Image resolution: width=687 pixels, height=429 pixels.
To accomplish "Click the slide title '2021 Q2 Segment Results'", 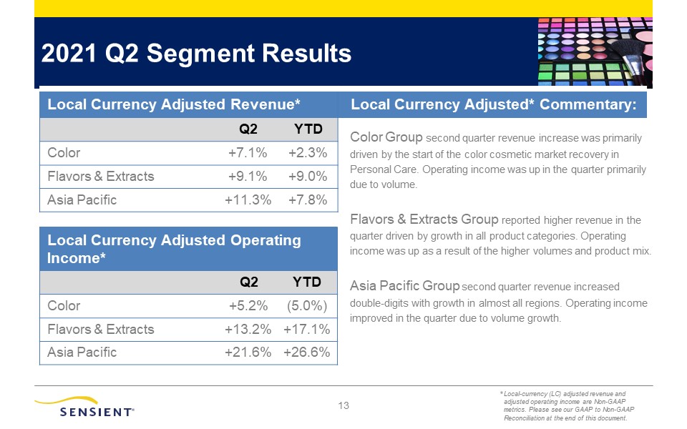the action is click(x=196, y=54).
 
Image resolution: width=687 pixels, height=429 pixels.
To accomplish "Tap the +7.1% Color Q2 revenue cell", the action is click(x=248, y=153).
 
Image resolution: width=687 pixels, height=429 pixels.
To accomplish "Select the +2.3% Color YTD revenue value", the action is click(x=308, y=153).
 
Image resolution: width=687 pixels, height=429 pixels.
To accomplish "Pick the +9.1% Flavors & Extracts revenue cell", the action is click(x=248, y=177).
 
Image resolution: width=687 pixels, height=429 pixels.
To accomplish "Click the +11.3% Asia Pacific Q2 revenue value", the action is click(x=248, y=200).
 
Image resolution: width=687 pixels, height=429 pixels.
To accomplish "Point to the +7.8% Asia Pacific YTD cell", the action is click(x=308, y=200).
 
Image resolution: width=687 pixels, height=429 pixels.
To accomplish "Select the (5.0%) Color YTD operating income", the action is click(x=307, y=305).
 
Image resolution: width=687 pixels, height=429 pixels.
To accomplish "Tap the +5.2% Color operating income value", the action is click(x=248, y=305).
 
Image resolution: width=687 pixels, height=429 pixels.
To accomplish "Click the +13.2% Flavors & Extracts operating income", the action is click(x=248, y=329).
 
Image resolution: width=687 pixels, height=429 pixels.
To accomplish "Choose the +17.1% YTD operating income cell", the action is click(x=307, y=329).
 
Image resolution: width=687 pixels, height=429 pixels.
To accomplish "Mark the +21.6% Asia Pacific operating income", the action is click(x=248, y=352).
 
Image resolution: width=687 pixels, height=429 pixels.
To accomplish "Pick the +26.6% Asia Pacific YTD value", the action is click(x=307, y=352).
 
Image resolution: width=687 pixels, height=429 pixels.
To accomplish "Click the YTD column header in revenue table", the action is click(x=308, y=129).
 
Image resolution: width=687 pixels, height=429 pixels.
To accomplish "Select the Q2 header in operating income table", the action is click(x=249, y=282).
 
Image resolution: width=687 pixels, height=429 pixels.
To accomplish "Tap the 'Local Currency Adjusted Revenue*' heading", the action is click(x=173, y=104).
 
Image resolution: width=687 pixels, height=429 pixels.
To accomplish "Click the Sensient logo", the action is click(x=84, y=407).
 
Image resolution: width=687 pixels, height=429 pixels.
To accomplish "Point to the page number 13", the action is click(x=343, y=406).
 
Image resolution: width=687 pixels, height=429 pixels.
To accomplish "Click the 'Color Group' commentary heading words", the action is click(x=386, y=137).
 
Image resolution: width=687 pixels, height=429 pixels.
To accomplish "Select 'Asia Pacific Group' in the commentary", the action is click(x=404, y=286).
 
